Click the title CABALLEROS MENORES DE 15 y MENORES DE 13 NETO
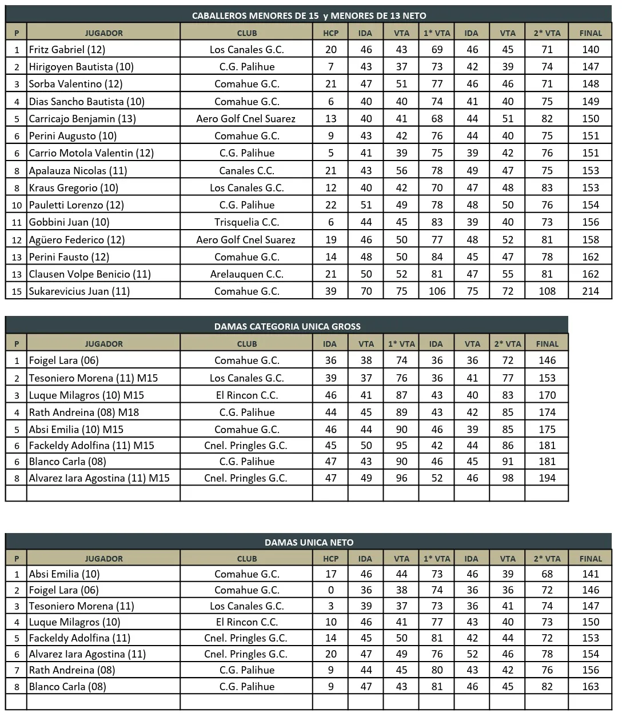[309, 15]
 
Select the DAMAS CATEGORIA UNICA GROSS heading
[287, 326]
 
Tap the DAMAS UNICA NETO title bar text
[309, 542]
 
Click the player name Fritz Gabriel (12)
[67, 50]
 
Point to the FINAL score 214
[590, 291]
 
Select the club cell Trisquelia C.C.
[246, 222]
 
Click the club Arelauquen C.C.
[246, 274]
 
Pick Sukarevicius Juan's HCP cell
[330, 291]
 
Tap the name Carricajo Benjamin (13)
[82, 119]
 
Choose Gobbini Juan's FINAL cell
[590, 222]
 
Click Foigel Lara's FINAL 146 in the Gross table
[547, 360]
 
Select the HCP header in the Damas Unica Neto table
[330, 559]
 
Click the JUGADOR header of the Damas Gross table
[103, 344]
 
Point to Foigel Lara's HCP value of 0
[330, 590]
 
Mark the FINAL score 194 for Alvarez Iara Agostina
[547, 478]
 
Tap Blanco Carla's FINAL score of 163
[590, 687]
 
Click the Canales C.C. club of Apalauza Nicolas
[246, 171]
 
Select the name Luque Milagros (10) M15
[86, 395]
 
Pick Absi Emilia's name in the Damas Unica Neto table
[64, 574]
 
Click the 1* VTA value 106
[437, 291]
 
